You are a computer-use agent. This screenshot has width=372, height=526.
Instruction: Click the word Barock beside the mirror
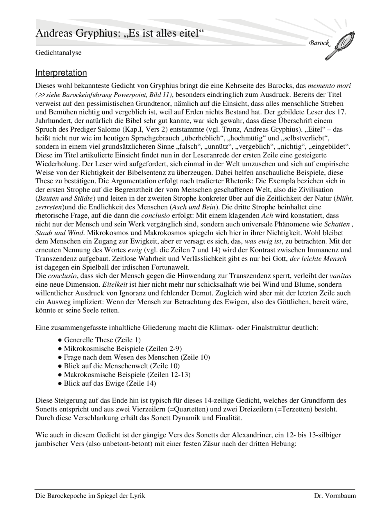coord(320,43)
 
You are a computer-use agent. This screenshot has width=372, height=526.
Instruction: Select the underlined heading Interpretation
coord(61,73)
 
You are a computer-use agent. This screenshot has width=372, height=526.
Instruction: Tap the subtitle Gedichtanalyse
coord(58,53)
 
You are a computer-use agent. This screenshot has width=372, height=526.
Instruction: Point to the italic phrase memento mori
coord(329,86)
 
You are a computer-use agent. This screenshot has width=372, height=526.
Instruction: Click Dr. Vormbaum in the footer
coord(335,496)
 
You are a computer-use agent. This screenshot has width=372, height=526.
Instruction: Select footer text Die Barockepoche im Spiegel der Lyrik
coord(90,496)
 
